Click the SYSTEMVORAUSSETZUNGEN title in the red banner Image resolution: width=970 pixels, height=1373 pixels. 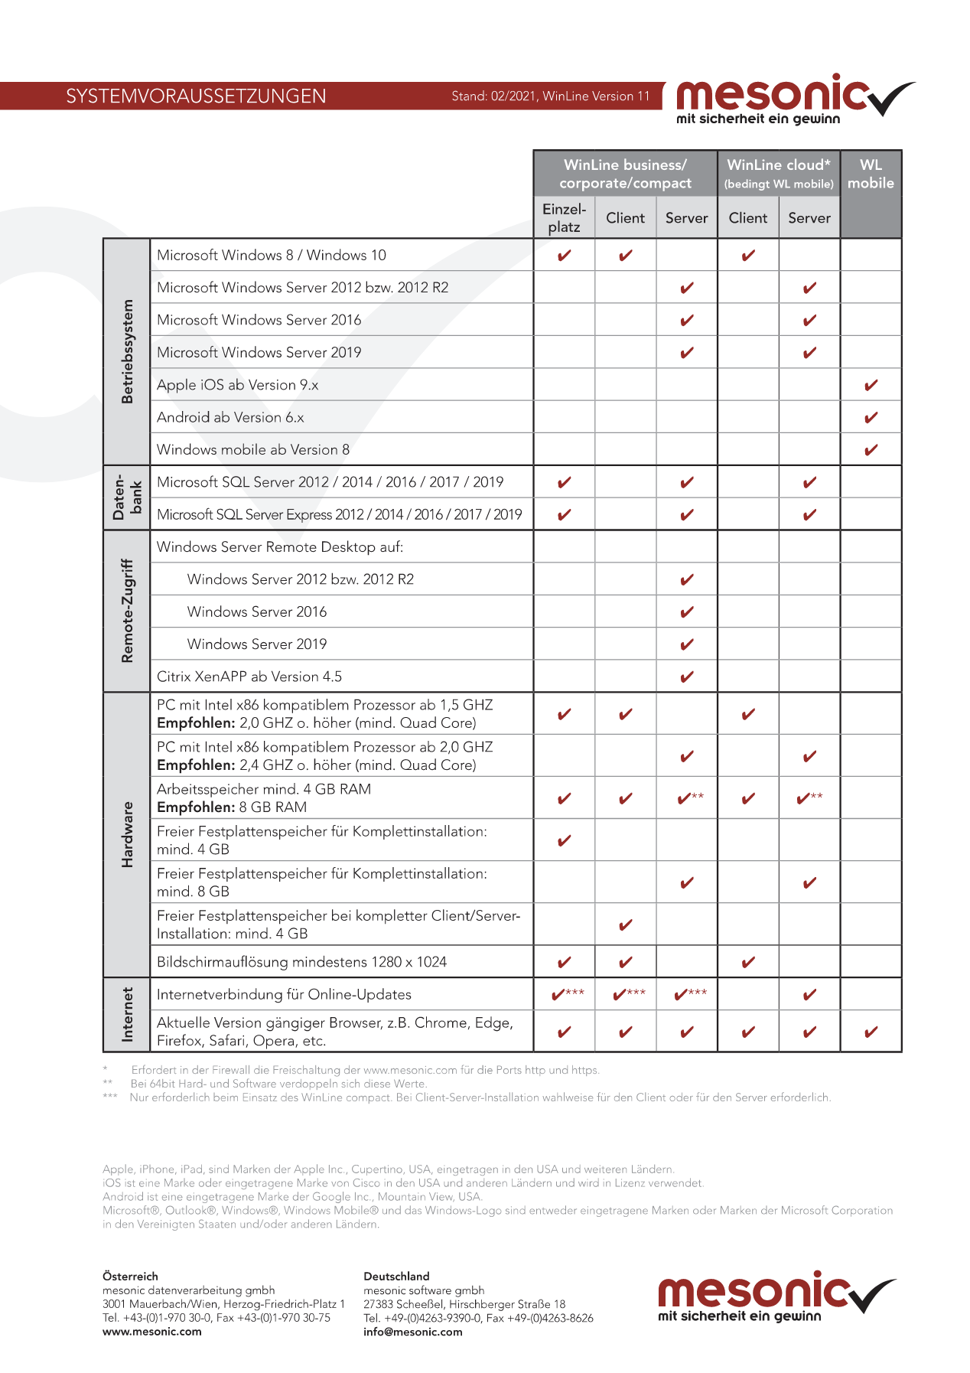(196, 96)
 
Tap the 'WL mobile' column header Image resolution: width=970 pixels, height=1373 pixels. (871, 174)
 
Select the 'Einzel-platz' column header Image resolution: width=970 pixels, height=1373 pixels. (564, 218)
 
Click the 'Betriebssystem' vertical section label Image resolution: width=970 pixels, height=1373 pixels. (127, 351)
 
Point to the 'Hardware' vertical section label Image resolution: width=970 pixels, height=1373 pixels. (127, 834)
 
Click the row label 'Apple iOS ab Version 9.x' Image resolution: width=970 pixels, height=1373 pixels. (237, 385)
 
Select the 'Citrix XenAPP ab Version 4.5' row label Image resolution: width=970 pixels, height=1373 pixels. (249, 677)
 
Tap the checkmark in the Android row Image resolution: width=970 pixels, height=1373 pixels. (871, 418)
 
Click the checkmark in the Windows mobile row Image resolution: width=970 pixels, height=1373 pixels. (871, 450)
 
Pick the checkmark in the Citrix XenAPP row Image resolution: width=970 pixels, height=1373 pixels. (686, 677)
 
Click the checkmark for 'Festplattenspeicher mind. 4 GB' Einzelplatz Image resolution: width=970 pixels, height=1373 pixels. (564, 841)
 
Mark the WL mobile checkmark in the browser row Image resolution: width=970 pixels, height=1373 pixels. (871, 1032)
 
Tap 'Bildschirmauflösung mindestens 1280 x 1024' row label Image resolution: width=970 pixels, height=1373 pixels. (301, 962)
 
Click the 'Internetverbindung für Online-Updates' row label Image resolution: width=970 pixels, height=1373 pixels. (284, 994)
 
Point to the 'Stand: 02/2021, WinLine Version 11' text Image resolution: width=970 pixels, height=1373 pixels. (550, 96)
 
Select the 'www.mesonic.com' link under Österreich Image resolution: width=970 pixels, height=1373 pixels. (152, 1332)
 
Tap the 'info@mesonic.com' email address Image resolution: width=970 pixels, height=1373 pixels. (413, 1332)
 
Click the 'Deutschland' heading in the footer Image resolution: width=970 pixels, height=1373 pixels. (396, 1277)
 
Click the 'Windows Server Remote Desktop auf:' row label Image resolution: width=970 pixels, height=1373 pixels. (280, 547)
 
